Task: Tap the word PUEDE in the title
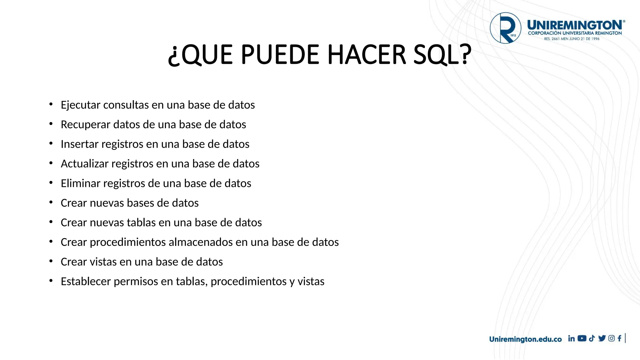(x=280, y=55)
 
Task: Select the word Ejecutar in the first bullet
(x=81, y=105)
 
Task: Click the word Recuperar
(x=85, y=125)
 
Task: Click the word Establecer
(x=86, y=282)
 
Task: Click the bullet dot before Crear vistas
(x=51, y=261)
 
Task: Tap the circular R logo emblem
(x=505, y=28)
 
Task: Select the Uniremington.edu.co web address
(x=525, y=339)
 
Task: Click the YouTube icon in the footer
(x=582, y=338)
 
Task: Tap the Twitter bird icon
(x=602, y=338)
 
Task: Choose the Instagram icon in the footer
(x=612, y=338)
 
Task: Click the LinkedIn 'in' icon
(x=571, y=338)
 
